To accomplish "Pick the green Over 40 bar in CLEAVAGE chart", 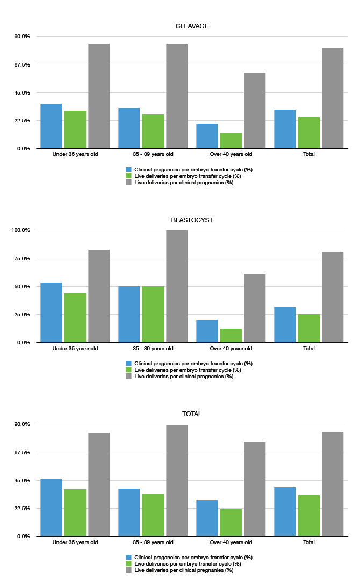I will [x=231, y=141].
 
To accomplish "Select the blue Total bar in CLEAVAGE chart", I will [x=285, y=129].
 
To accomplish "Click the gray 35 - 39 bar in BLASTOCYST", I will [x=177, y=286].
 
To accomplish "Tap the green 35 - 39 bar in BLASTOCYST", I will [x=153, y=314].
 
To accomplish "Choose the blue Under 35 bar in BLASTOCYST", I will [x=51, y=312].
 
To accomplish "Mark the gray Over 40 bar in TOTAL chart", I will [x=255, y=489].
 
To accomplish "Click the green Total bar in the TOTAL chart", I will [x=308, y=516].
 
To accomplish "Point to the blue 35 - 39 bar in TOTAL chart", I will [x=129, y=512].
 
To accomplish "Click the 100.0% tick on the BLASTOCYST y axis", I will [x=21, y=230].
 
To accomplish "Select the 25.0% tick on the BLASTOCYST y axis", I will [x=22, y=314].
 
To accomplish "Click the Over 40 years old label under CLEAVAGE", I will [x=231, y=154].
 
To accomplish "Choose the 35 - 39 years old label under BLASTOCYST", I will [x=153, y=348].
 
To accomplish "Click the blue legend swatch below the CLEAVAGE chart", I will [x=129, y=169].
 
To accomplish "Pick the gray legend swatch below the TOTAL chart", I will [x=129, y=570].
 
